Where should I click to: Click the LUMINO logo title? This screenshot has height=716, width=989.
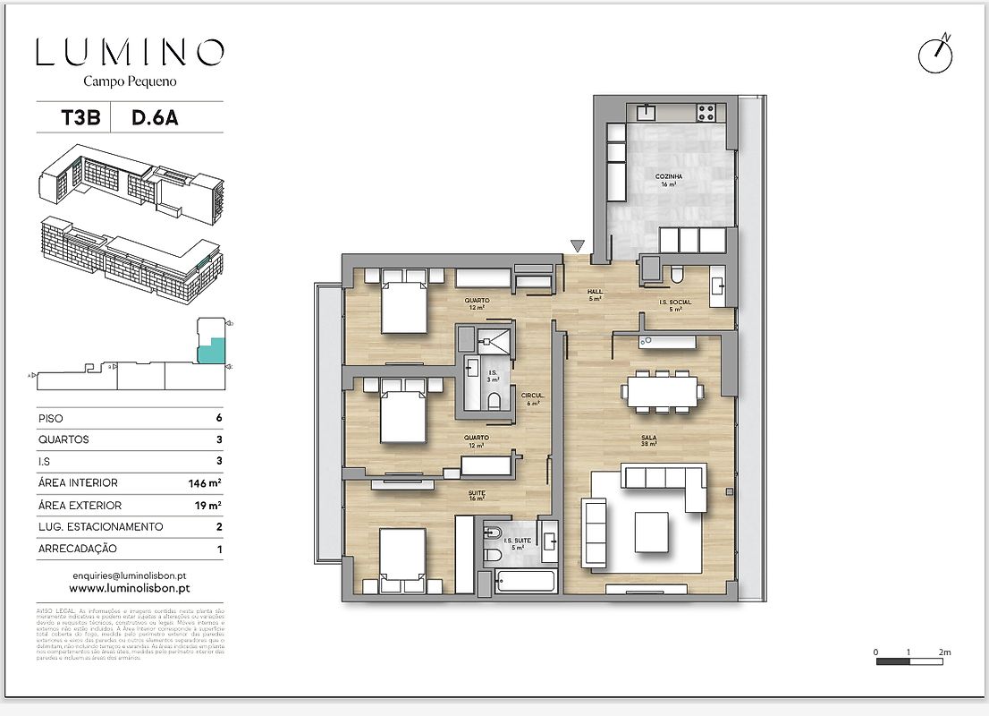pos(130,53)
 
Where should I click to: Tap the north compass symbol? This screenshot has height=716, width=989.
pos(935,55)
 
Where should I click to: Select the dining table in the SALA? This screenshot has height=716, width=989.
pos(664,391)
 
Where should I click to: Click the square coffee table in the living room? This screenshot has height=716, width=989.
pos(652,531)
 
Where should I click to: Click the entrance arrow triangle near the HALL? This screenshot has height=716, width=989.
pos(578,245)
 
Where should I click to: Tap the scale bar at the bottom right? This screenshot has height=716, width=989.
pos(909,661)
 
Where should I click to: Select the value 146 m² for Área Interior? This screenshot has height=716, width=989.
pos(204,483)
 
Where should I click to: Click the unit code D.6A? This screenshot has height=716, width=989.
pos(155,118)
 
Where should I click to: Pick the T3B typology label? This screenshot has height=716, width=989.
pos(73,118)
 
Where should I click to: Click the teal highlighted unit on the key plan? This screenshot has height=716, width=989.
pos(210,348)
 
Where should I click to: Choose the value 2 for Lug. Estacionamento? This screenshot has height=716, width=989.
pos(219,527)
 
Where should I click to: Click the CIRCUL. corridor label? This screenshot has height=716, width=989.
pos(532,397)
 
